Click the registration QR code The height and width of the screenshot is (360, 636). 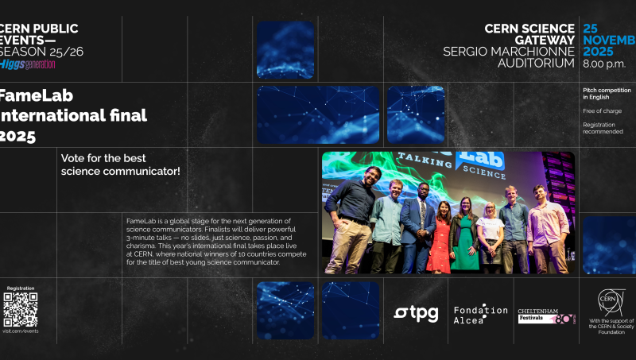pyautogui.click(x=21, y=309)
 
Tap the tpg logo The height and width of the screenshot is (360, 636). pyautogui.click(x=416, y=313)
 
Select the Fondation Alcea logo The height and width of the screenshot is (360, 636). pyautogui.click(x=480, y=314)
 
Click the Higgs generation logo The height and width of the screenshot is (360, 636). pyautogui.click(x=28, y=64)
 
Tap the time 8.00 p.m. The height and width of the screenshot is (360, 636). pyautogui.click(x=604, y=63)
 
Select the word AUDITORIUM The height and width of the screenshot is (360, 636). pyautogui.click(x=537, y=63)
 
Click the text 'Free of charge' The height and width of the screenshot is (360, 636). pyautogui.click(x=603, y=110)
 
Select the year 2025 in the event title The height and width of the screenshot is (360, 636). pyautogui.click(x=17, y=136)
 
